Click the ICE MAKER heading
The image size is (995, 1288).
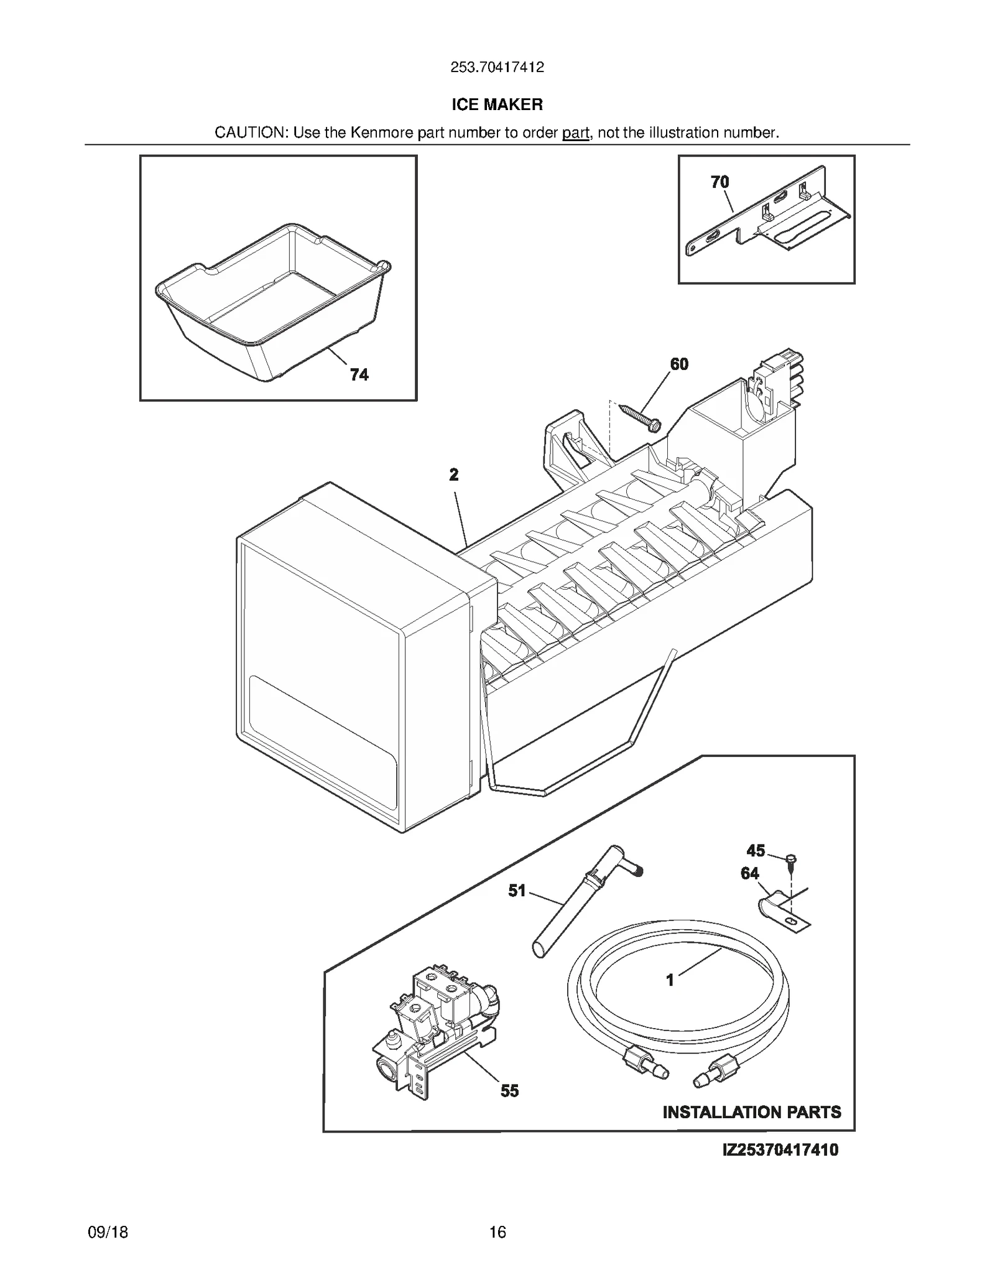pos(497,104)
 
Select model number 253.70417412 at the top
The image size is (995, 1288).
pos(497,67)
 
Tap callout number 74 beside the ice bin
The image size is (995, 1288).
pos(359,374)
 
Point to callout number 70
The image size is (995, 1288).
pos(720,182)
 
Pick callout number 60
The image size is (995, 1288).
pos(679,364)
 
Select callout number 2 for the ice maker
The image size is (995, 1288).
pos(454,475)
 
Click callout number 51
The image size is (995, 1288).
pos(517,891)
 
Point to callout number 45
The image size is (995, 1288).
pos(756,850)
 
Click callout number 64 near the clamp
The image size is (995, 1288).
pos(750,873)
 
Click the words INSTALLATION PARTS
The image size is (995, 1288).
pos(751,1112)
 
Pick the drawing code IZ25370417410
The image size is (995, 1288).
pos(780,1149)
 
